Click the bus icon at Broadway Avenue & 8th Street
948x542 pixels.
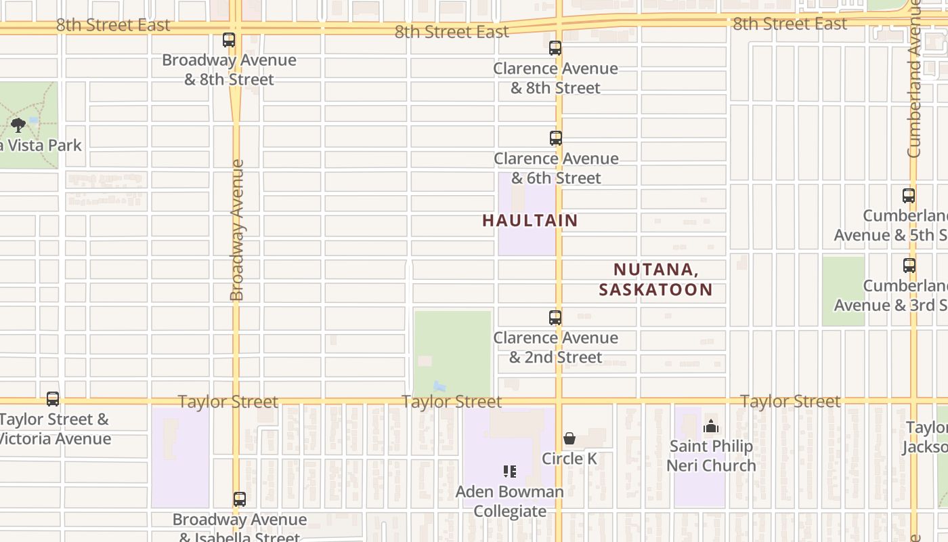click(229, 40)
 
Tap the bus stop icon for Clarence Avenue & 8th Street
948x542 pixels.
click(555, 48)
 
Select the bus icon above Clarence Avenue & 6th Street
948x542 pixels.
click(556, 138)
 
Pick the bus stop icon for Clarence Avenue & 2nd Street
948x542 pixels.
click(555, 317)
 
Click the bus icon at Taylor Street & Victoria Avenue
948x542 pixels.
click(53, 399)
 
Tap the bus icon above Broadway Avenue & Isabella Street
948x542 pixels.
click(240, 499)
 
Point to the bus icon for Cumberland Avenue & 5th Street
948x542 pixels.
click(909, 196)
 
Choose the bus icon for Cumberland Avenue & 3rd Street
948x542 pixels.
click(909, 266)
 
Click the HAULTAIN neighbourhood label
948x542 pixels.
click(530, 220)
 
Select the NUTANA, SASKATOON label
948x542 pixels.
click(655, 279)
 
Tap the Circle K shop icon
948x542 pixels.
click(569, 438)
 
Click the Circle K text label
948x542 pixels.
click(569, 459)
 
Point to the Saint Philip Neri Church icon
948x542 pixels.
click(711, 426)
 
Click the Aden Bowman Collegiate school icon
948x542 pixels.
click(510, 471)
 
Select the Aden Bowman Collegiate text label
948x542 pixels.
click(510, 501)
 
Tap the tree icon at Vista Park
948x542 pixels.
click(18, 125)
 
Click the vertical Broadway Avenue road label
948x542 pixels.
click(236, 230)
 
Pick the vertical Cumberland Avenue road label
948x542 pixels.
click(915, 81)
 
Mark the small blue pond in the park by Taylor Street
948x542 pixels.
click(439, 387)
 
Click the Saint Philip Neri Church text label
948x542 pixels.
click(711, 455)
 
